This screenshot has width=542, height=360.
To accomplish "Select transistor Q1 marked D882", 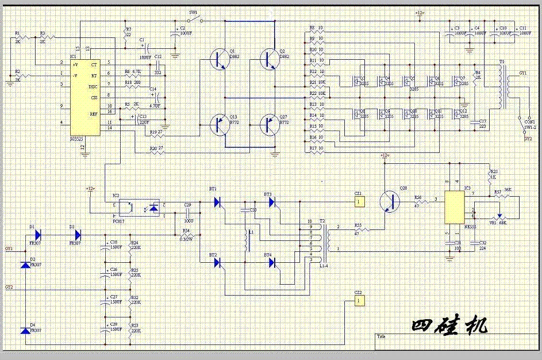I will [218, 58].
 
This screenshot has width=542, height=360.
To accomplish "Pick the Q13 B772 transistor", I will [218, 123].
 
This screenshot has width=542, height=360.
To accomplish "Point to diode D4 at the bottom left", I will [24, 331].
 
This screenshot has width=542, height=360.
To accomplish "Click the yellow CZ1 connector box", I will [359, 202].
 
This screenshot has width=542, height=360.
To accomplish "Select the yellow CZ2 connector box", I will [359, 300].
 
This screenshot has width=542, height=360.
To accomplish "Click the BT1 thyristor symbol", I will [217, 202].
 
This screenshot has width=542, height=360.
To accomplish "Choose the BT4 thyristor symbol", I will [272, 263].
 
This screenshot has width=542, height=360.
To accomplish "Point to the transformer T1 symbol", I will [502, 86].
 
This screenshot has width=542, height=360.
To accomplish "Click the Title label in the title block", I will [381, 336].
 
